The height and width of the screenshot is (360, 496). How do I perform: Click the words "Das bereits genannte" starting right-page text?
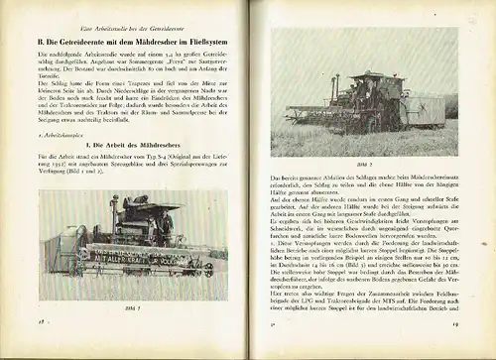pyautogui.click(x=297, y=174)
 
